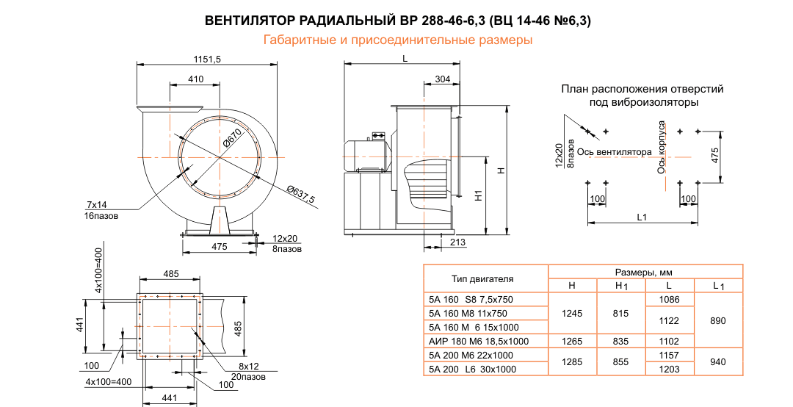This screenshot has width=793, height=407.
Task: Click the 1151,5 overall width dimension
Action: [x=207, y=60]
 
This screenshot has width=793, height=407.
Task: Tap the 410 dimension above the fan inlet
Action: [x=195, y=79]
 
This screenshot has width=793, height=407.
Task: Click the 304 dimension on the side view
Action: [x=442, y=79]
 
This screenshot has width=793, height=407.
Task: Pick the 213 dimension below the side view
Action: [x=457, y=242]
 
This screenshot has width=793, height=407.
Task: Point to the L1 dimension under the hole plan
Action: [x=641, y=217]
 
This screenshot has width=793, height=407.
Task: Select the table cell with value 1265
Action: [x=573, y=340]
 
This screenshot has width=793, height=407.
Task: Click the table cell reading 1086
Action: [x=670, y=300]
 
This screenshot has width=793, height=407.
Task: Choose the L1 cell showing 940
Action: [x=719, y=361]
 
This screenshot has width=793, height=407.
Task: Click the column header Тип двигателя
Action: [x=482, y=278]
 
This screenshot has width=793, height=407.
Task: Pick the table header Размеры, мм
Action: [x=645, y=272]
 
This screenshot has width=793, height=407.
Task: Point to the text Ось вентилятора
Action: [x=614, y=153]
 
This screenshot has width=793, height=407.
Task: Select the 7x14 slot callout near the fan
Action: [x=97, y=203]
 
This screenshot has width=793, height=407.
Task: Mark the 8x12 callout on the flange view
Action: [x=250, y=365]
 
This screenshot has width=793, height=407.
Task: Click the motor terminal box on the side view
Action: [x=379, y=135]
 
